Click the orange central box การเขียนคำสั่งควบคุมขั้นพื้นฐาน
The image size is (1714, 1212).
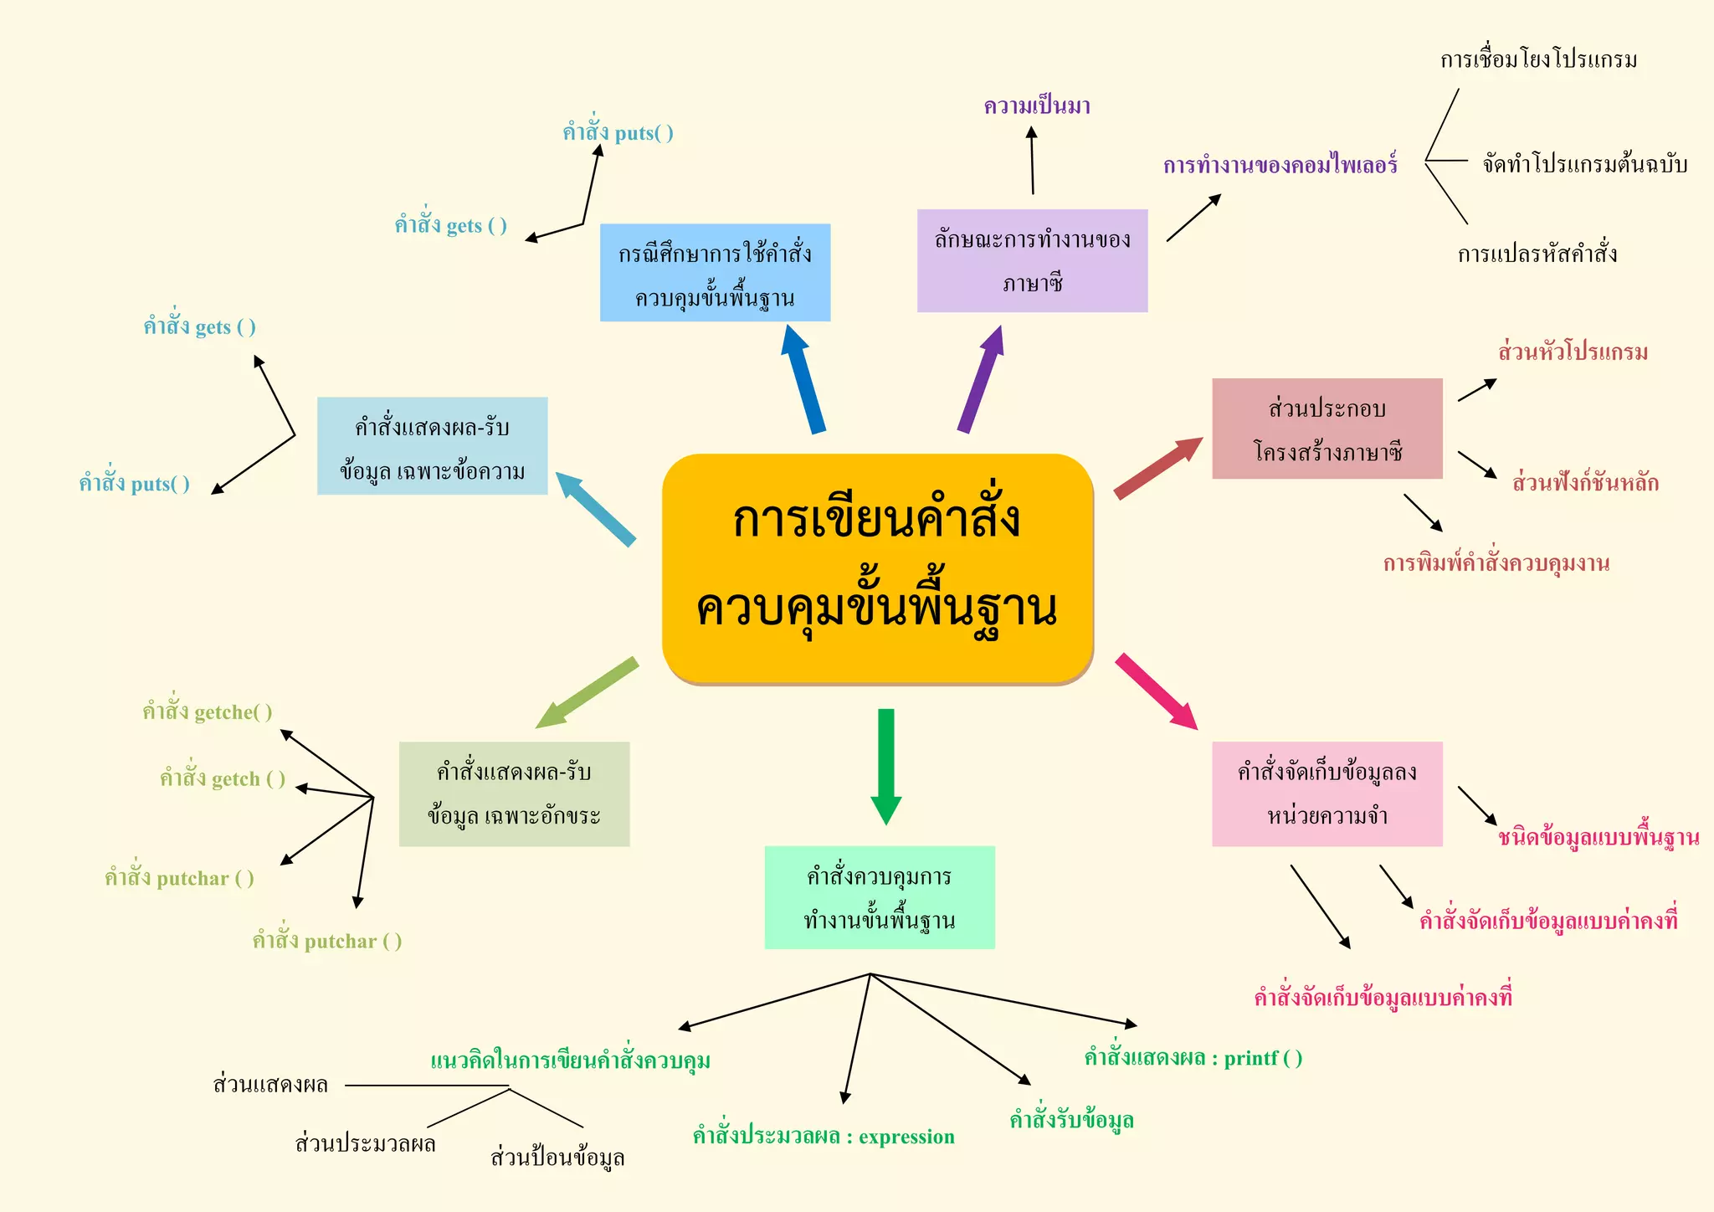[877, 567]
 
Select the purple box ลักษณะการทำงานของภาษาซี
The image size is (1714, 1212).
[1032, 260]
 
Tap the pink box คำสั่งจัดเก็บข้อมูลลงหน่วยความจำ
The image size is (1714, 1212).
[1327, 793]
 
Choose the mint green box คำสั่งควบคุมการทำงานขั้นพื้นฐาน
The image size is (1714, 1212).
[880, 897]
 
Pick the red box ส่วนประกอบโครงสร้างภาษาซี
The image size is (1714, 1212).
[1327, 429]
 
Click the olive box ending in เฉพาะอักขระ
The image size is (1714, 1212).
[514, 793]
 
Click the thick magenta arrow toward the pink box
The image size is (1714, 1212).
[1156, 691]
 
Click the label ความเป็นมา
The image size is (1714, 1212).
[1037, 106]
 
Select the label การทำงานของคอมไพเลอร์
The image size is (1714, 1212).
[1280, 165]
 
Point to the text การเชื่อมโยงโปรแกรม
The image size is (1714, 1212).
[1538, 59]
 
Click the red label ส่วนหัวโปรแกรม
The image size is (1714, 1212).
[1573, 352]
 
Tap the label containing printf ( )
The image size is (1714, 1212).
[1193, 1058]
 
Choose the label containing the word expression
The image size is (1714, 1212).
[824, 1136]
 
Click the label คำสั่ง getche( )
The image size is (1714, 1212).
[207, 711]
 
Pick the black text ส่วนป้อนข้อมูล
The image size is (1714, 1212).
[557, 1157]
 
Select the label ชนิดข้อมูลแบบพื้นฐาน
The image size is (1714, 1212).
[1599, 837]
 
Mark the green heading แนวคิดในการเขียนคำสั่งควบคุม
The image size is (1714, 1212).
[570, 1060]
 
